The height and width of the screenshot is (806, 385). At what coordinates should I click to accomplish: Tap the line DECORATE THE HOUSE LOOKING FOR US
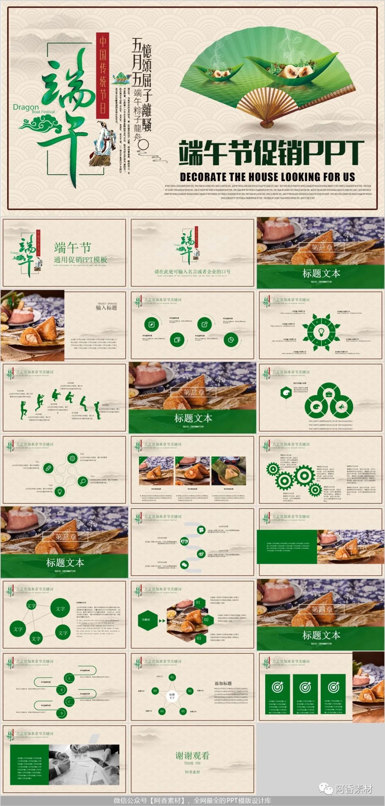pos(267,177)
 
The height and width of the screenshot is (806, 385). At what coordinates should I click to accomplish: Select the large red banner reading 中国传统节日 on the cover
pos(103,75)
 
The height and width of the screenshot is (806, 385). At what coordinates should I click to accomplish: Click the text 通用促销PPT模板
pos(80,260)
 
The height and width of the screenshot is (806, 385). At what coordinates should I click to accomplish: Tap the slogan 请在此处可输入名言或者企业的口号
pos(192,272)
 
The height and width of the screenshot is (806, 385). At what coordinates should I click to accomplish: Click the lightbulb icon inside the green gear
pos(321,332)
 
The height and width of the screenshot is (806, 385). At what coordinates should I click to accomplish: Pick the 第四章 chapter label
pos(322,609)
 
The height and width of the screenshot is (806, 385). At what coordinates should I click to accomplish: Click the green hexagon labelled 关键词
pos(146,620)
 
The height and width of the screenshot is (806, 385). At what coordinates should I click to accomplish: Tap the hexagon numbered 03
pos(199,638)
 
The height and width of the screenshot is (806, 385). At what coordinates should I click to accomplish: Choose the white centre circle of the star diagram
pos(172,695)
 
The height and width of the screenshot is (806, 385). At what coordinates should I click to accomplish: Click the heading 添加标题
pos(223,683)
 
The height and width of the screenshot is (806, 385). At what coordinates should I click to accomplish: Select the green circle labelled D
pos(62,713)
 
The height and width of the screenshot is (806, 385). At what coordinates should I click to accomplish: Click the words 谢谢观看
pos(192,755)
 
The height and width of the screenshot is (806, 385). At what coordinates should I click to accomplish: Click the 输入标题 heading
pos(106,308)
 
